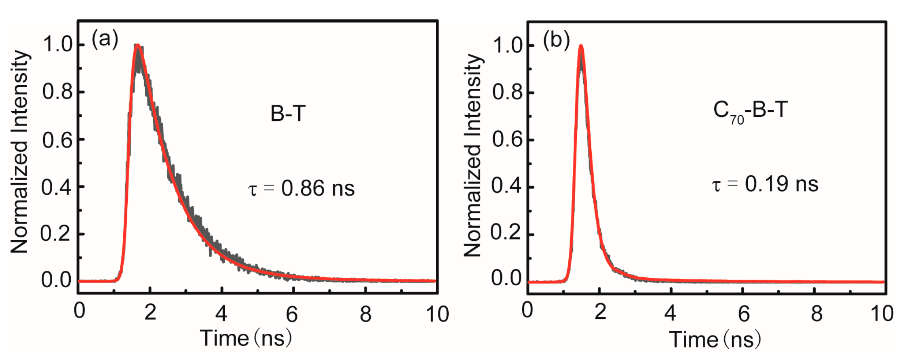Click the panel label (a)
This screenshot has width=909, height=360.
point(105,40)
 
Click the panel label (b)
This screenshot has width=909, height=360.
point(556,40)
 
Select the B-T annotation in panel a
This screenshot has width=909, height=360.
point(288,114)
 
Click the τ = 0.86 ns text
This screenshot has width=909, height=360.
point(302,188)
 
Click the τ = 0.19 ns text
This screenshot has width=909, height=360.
point(765,184)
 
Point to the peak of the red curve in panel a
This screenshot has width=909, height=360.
point(138,45)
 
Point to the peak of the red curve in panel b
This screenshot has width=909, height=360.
point(581,46)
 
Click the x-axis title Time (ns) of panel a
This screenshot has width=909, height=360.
point(246,338)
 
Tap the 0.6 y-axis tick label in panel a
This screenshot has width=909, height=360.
point(57,140)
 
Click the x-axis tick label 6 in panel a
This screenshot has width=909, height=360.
point(292,314)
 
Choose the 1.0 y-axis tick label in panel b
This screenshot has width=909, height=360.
point(508,45)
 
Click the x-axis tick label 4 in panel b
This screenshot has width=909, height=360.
point(670,313)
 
